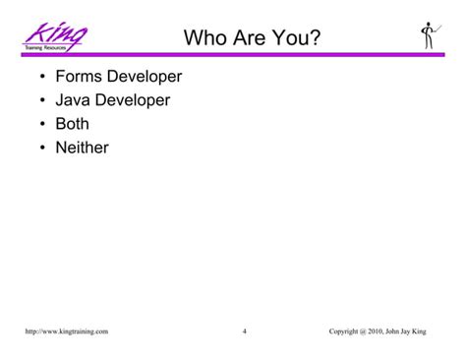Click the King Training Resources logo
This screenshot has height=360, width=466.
click(56, 36)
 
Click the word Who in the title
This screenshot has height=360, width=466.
click(205, 39)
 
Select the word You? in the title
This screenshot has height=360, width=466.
click(294, 39)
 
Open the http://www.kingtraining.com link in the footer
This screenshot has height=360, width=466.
click(66, 330)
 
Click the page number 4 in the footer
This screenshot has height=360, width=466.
click(244, 330)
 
